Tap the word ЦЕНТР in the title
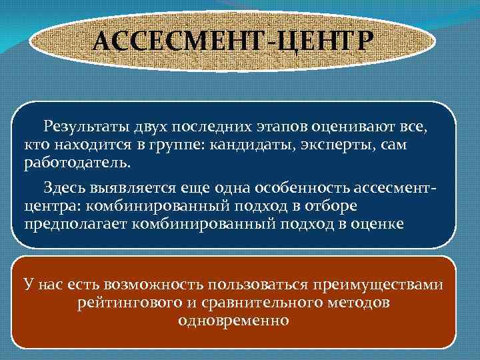(x=321, y=43)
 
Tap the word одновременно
(x=233, y=321)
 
